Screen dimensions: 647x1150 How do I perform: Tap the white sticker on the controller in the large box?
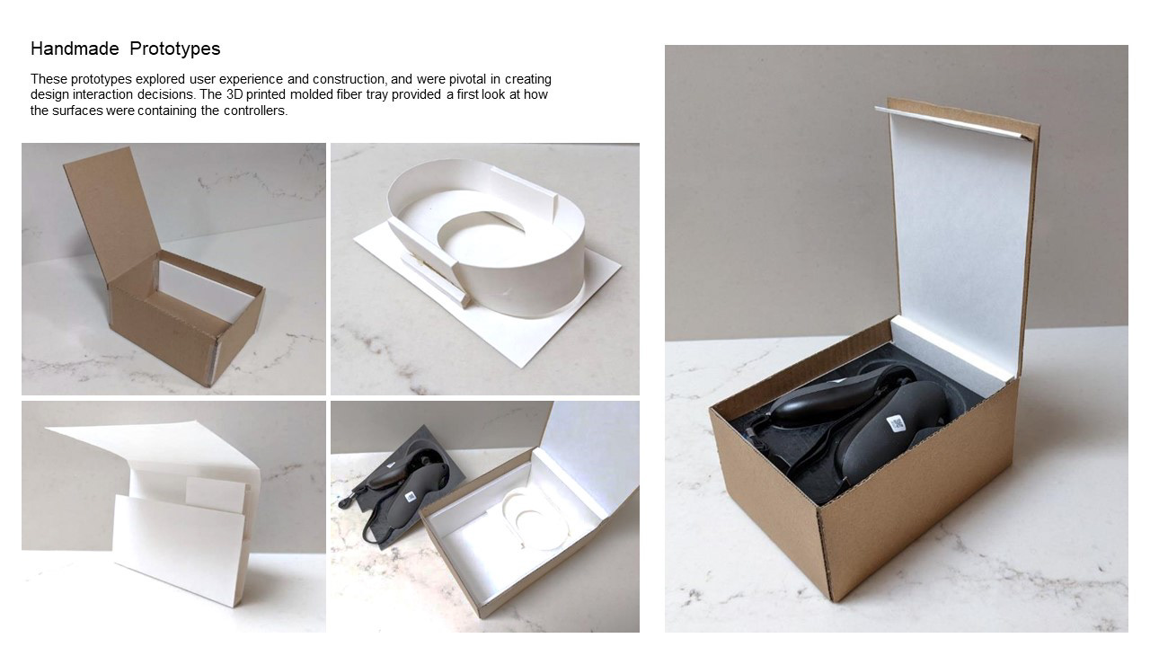(895, 422)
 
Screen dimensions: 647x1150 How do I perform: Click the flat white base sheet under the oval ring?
(503, 332)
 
